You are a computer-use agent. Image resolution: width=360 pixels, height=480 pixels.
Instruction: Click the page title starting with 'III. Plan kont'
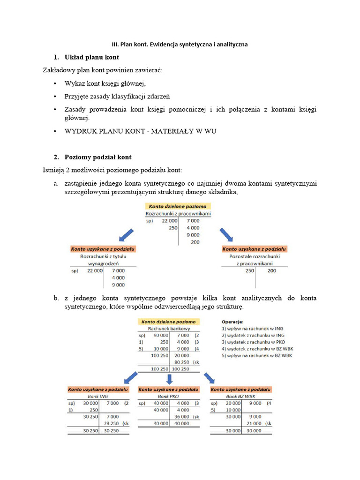click(180, 45)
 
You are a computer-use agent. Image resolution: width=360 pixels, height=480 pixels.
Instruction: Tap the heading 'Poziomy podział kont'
click(98, 157)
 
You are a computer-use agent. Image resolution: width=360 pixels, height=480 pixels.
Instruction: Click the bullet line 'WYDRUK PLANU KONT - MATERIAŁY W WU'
click(140, 132)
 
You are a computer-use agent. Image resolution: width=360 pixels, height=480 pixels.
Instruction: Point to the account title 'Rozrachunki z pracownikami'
click(178, 214)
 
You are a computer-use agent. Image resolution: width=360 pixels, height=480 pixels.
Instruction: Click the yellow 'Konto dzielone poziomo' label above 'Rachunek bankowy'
click(168, 322)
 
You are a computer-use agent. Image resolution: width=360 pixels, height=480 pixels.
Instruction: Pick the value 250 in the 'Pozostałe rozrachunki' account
click(249, 270)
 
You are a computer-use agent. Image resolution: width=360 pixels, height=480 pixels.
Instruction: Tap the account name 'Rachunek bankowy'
click(167, 329)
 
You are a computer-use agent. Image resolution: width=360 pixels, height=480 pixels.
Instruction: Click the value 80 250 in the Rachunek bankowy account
click(181, 362)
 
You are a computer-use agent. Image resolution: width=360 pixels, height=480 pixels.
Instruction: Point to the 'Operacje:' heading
click(232, 322)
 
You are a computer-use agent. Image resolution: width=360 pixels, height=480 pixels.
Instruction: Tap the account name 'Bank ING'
click(97, 396)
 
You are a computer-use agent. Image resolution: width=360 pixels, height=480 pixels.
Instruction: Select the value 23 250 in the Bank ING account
click(110, 423)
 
